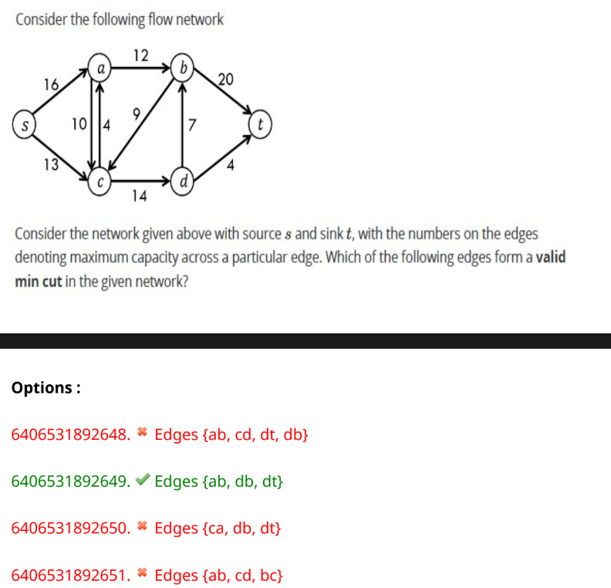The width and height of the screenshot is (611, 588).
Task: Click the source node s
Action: tap(24, 125)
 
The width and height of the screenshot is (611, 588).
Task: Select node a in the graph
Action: tap(100, 68)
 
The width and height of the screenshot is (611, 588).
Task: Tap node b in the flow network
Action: tap(183, 68)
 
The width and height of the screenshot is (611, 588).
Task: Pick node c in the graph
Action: tap(100, 182)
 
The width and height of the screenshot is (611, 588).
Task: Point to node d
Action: tap(183, 182)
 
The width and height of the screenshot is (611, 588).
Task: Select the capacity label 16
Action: tap(51, 85)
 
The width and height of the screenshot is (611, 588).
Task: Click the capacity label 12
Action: tap(141, 55)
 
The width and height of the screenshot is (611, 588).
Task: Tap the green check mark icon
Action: tap(141, 482)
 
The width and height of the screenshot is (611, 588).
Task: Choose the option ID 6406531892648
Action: tap(69, 434)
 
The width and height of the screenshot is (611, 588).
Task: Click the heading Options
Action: tap(46, 387)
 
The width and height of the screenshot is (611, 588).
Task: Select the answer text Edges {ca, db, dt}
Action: tap(218, 529)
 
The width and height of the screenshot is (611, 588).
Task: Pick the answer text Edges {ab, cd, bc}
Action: tap(218, 575)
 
